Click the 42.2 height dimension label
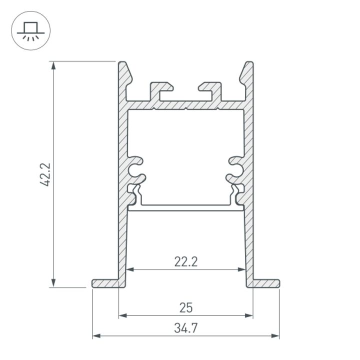point(46,174)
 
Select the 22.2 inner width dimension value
point(185,261)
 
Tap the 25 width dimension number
point(186,307)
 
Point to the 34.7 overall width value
point(186,328)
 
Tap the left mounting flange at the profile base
point(106,283)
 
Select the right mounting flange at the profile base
point(265,283)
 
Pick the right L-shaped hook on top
point(210,90)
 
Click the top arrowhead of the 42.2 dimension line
point(53,64)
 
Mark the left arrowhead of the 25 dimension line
point(122,315)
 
